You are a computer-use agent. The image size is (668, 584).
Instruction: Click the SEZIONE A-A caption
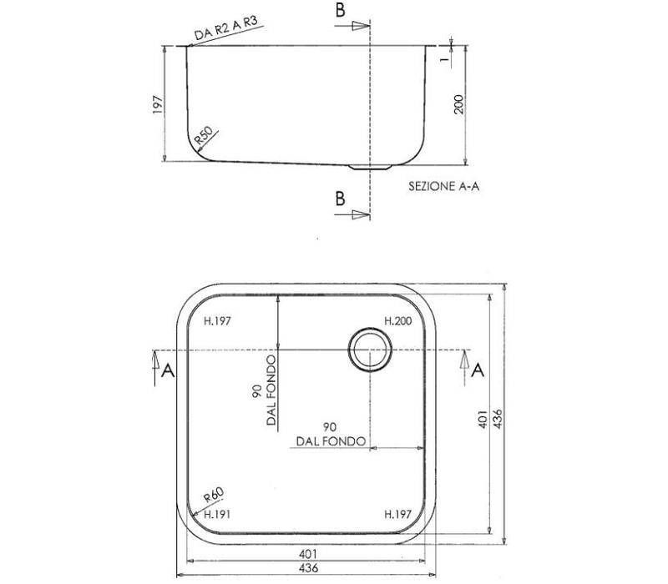444,186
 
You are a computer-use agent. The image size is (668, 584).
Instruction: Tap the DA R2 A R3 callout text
226,28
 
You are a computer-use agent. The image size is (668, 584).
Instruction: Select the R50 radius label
203,135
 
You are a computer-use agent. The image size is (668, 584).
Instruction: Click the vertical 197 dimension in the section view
158,104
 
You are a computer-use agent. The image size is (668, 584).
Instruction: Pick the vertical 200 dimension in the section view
458,104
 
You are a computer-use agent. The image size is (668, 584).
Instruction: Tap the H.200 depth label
398,320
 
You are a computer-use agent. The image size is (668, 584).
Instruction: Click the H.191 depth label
217,514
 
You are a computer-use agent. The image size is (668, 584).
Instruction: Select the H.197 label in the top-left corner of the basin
217,320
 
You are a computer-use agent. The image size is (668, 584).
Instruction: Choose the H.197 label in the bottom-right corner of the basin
398,514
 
